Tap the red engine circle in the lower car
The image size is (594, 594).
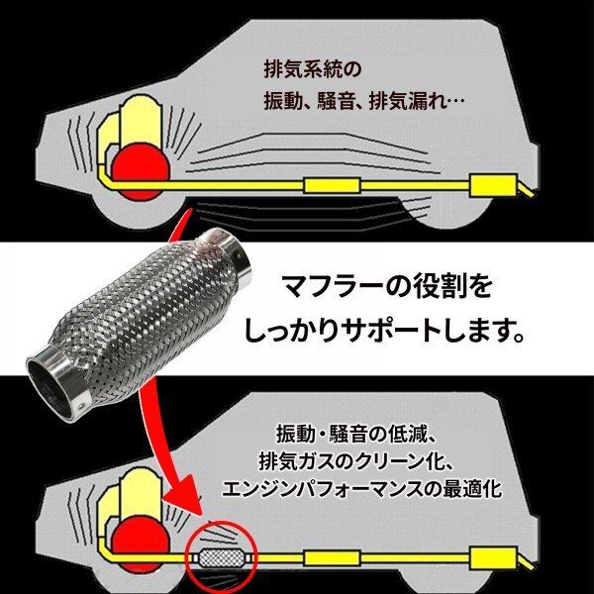(x=139, y=536)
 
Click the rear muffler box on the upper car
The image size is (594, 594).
(x=492, y=184)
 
